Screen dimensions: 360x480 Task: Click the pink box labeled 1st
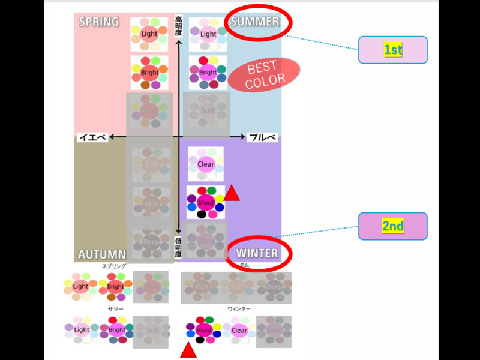coord(392,50)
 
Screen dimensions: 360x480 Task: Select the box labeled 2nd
coord(392,226)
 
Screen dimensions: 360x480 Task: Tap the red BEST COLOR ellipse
coord(265,75)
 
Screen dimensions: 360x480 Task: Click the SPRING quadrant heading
coord(99,22)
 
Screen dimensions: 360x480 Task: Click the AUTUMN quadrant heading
coord(101,254)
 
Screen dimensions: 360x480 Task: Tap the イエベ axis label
coord(92,137)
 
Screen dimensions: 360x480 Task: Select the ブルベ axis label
coord(262,137)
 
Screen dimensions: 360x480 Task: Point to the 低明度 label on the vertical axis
coord(178,247)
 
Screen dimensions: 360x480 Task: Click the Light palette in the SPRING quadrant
coord(149,34)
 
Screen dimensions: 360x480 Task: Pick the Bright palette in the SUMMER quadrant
coord(208,73)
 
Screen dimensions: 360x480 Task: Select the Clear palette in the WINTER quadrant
coord(205,164)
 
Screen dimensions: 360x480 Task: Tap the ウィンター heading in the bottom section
coord(239,308)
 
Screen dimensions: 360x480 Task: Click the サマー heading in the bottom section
coord(116,308)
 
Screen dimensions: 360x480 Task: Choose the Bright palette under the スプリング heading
coord(116,286)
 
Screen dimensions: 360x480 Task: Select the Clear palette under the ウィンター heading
coord(239,331)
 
